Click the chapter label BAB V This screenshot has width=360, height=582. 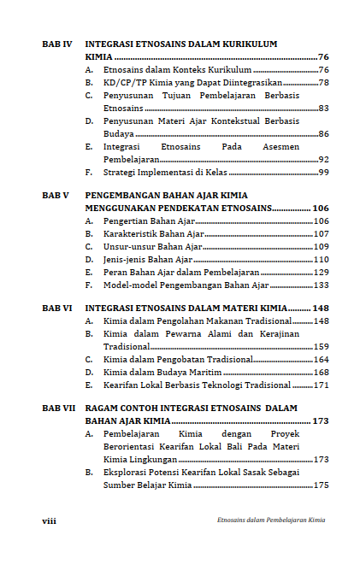pyautogui.click(x=56, y=195)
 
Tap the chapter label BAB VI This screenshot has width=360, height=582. pyautogui.click(x=56, y=308)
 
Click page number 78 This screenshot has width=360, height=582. pyautogui.click(x=323, y=82)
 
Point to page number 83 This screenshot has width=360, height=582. pyautogui.click(x=323, y=109)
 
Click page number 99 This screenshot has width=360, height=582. pyautogui.click(x=323, y=172)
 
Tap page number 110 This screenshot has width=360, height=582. pyautogui.click(x=321, y=259)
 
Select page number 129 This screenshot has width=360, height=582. pyautogui.click(x=321, y=272)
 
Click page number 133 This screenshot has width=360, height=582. pyautogui.click(x=321, y=285)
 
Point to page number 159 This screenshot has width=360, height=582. pyautogui.click(x=321, y=347)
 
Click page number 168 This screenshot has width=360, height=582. pyautogui.click(x=321, y=373)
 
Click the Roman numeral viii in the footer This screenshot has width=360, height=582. pyautogui.click(x=50, y=520)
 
